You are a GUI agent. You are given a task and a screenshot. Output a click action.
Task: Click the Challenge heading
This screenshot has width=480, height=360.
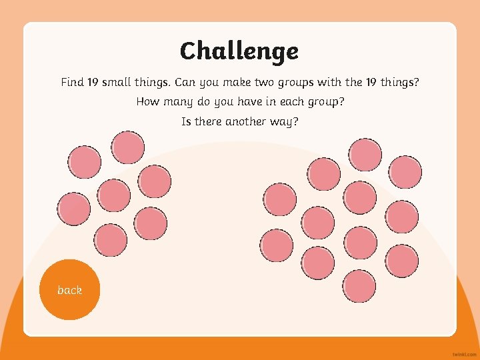[x=239, y=51]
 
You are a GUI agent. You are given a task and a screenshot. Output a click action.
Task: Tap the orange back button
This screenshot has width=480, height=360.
[x=69, y=290]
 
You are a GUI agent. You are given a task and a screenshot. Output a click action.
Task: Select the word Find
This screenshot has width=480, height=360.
[x=72, y=83]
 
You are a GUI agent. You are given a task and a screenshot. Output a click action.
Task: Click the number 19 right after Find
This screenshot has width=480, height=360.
[x=93, y=83]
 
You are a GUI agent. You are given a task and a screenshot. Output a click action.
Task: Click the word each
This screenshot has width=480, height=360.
[x=288, y=102]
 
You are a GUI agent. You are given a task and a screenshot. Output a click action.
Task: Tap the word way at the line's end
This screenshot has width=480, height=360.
[x=284, y=122]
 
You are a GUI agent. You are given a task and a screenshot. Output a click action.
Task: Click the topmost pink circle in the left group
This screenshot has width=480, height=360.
[x=127, y=147]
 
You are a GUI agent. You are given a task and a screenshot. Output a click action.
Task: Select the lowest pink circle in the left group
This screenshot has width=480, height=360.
[x=111, y=241]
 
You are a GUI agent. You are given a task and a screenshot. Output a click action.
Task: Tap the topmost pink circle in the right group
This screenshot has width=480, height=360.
[x=365, y=155]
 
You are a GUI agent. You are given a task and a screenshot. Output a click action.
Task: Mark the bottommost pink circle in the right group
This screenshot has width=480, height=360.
[x=359, y=287]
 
